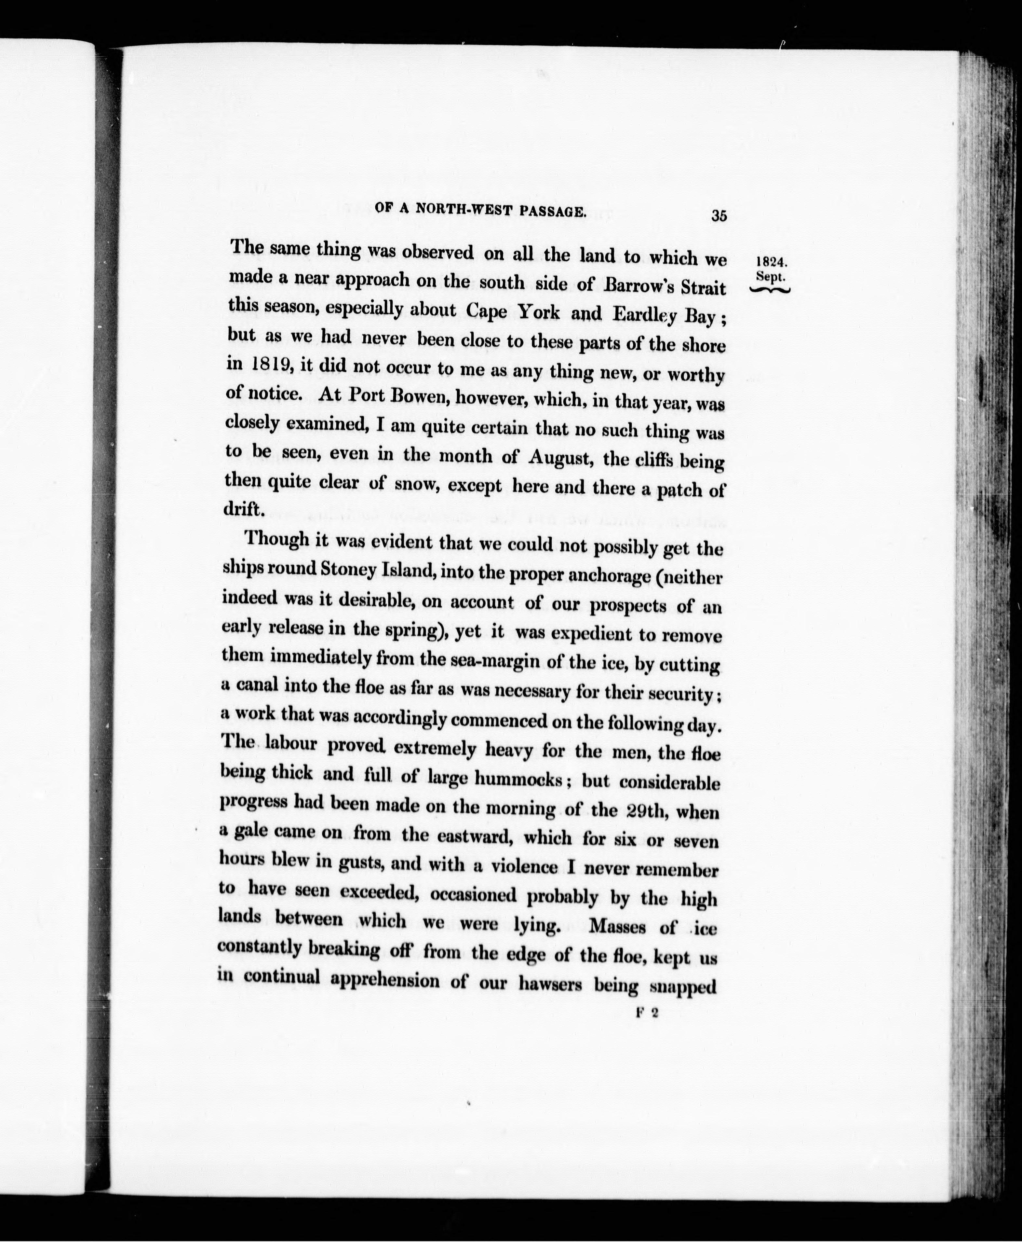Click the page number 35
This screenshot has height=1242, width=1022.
point(719,215)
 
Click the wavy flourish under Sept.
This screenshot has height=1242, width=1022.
point(770,289)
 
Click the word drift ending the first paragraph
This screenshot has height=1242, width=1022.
point(241,508)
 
